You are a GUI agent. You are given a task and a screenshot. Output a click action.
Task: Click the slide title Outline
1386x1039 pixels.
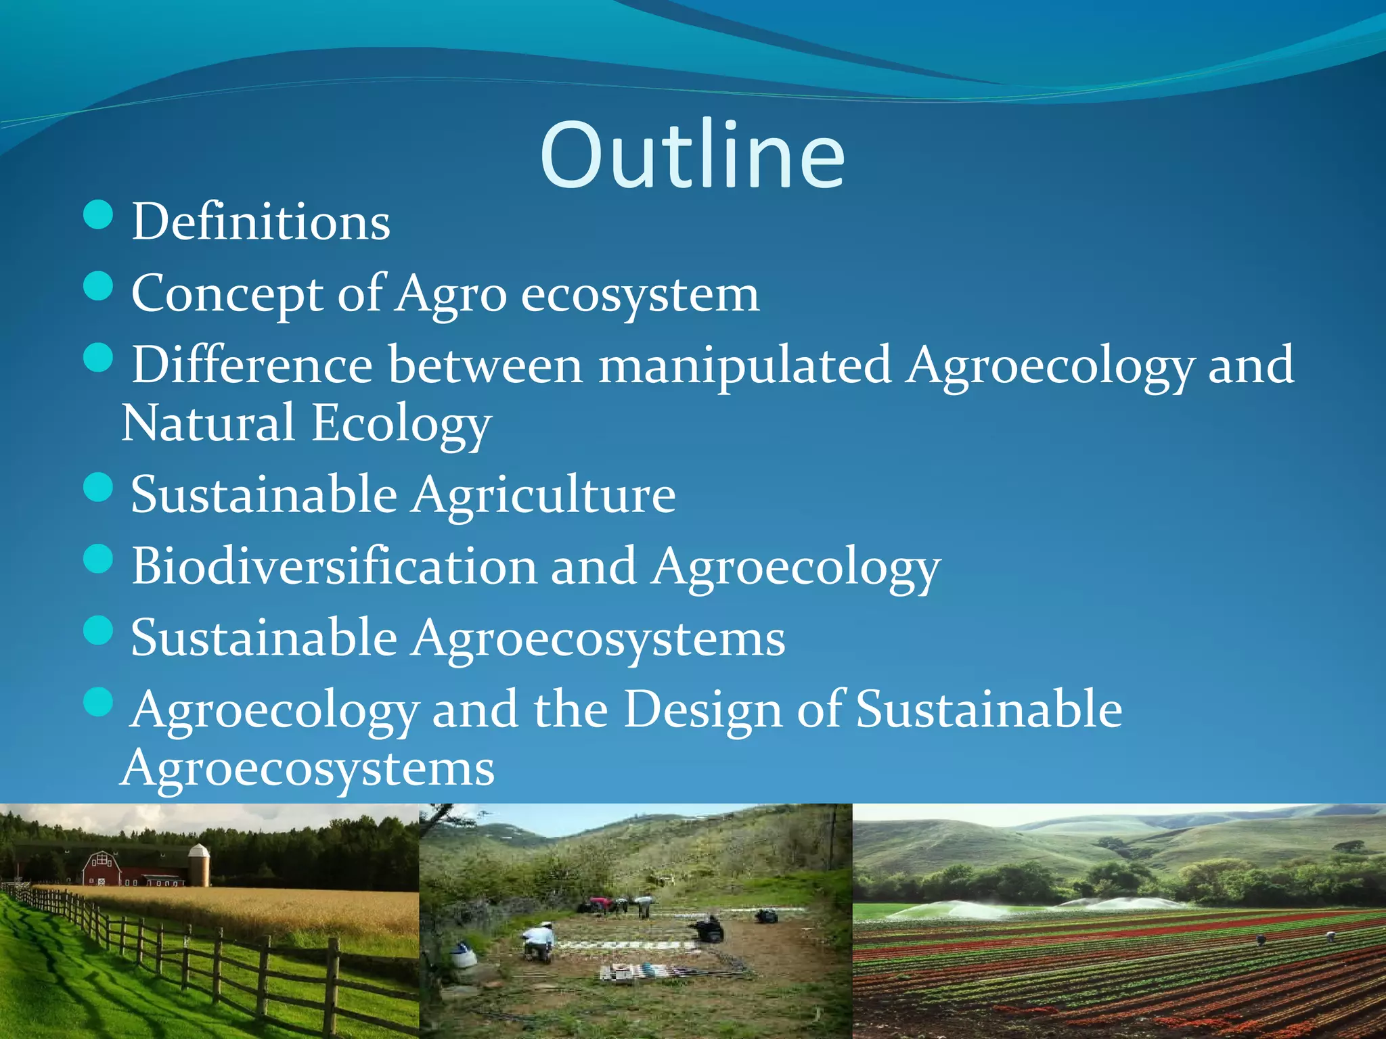[692, 156]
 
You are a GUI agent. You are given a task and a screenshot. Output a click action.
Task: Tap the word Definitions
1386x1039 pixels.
[261, 222]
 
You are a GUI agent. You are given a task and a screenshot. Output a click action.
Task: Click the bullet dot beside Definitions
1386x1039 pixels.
[99, 215]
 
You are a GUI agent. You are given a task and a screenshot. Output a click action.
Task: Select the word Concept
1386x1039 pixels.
[227, 295]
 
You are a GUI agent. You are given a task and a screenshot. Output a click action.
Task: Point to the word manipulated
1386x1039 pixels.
[744, 365]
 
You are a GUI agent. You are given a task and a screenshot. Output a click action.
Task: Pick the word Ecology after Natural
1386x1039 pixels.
[401, 425]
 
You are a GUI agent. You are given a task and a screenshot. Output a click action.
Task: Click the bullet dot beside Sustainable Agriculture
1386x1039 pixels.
[99, 488]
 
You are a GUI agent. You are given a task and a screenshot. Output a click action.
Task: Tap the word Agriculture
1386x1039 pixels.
[545, 494]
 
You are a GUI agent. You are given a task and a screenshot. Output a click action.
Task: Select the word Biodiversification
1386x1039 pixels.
[333, 566]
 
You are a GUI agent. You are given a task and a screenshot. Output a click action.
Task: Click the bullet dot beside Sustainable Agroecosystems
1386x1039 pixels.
[99, 630]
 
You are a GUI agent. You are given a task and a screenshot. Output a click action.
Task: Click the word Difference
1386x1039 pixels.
[252, 365]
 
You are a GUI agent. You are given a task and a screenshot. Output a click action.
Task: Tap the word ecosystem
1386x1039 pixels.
[640, 295]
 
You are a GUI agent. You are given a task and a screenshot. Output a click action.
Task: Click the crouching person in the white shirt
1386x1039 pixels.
[538, 942]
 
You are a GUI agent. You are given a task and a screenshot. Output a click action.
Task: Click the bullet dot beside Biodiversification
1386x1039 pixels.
[99, 559]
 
